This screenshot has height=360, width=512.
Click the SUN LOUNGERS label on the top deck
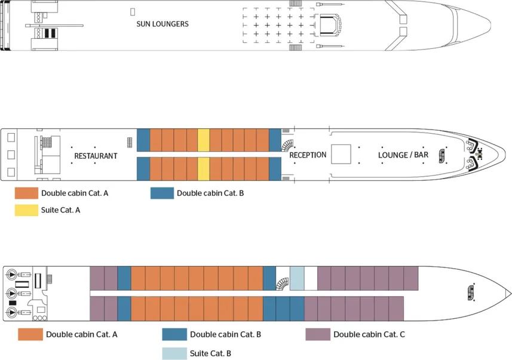click(x=163, y=24)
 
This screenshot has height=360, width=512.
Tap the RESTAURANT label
click(x=96, y=156)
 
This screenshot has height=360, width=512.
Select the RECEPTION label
click(x=308, y=155)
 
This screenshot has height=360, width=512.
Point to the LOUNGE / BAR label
click(x=403, y=155)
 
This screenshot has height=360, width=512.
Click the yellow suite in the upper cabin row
click(x=203, y=140)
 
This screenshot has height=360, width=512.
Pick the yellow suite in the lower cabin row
click(x=203, y=169)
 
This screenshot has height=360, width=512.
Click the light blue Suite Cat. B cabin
click(x=297, y=278)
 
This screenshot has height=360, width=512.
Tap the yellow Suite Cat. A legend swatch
click(x=26, y=210)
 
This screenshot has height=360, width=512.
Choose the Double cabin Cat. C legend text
click(x=369, y=334)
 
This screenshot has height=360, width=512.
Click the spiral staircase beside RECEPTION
click(x=288, y=146)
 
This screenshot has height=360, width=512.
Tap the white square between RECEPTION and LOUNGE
click(x=341, y=155)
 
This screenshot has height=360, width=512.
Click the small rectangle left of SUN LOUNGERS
click(x=132, y=11)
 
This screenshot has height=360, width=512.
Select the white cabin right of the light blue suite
click(x=311, y=278)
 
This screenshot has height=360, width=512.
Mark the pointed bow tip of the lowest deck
click(x=510, y=293)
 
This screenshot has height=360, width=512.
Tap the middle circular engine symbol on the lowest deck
click(x=12, y=293)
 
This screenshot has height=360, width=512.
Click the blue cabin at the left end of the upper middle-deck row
click(x=143, y=140)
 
